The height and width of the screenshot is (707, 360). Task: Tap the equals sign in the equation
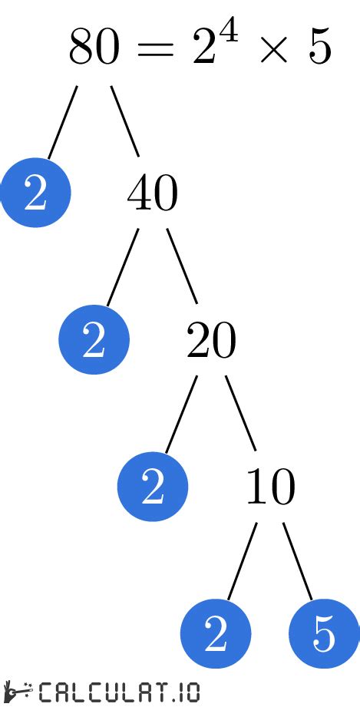pos(155,48)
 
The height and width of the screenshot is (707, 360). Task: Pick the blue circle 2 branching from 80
pos(35,192)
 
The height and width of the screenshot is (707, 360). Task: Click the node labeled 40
pos(153,194)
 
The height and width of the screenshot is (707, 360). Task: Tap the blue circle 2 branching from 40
pos(94,339)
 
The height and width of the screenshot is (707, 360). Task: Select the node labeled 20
pos(211,342)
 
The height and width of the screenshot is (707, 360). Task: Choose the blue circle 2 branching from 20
pos(153,486)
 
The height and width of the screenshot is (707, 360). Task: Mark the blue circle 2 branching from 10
pos(216,633)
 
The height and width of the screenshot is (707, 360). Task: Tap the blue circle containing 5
pos(324,633)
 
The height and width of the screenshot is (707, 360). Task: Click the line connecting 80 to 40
pos(125,121)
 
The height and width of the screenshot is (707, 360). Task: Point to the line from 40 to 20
pos(182,266)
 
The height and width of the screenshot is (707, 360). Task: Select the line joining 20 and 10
pos(241,413)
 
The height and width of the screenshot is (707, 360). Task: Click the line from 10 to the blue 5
pos(298,561)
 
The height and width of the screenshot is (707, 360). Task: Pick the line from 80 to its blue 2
pos(63,122)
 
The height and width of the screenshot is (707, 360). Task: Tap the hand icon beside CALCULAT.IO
pos(18,692)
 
